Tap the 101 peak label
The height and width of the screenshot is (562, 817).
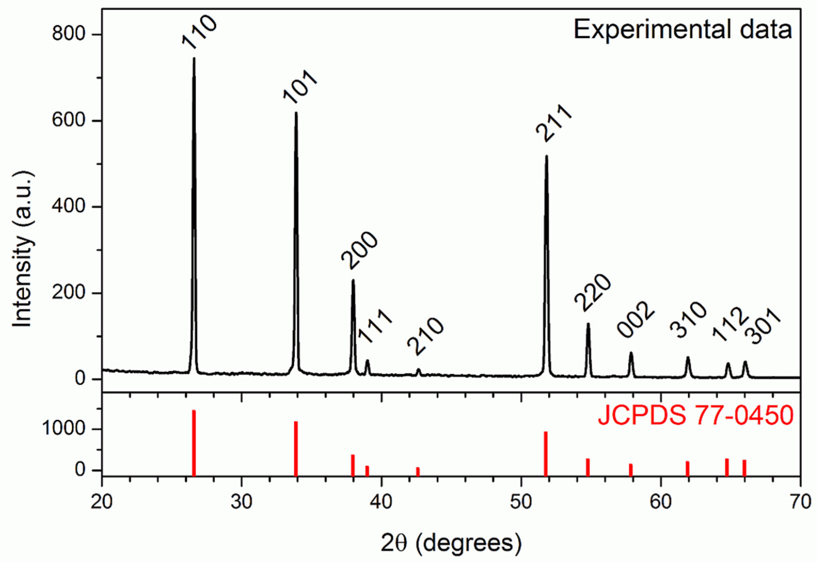[300, 87]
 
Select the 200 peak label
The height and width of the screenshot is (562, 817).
[359, 251]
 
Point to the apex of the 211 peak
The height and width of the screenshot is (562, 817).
[547, 156]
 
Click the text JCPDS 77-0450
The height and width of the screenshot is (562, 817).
[696, 416]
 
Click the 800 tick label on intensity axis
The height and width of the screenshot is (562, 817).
[69, 34]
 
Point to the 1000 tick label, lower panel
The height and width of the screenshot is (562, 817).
[63, 429]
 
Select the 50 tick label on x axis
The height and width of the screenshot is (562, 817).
[521, 502]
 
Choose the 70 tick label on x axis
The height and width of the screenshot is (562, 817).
[800, 502]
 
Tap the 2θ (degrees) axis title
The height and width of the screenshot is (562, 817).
[451, 543]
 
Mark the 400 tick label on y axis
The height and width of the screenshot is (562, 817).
[69, 207]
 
